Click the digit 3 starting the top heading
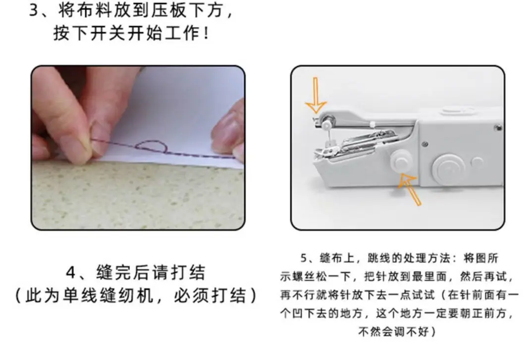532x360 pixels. coord(34,10)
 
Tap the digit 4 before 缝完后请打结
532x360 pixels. coord(71,272)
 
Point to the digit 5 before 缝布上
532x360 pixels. coord(304,258)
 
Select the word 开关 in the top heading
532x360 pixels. coord(109,33)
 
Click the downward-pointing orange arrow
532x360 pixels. coord(316,95)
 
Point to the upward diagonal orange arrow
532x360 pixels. coord(411,189)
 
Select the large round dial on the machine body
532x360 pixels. coord(449,168)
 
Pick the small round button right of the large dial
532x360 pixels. coord(478,163)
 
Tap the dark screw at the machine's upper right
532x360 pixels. coord(499,128)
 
